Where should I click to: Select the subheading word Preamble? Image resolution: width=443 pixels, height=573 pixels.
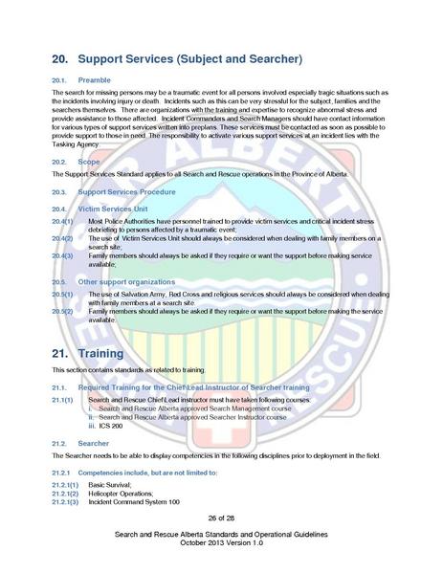point(94,80)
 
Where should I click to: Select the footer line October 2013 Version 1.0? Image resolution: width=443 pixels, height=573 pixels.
point(221,543)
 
